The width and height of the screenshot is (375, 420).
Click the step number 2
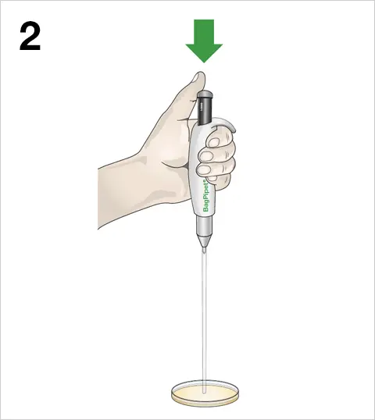click(30, 37)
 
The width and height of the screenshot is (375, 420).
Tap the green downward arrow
click(204, 41)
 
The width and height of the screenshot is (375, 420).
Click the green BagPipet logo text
click(206, 196)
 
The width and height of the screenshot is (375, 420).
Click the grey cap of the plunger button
click(205, 94)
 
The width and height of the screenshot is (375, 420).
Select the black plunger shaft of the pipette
click(205, 111)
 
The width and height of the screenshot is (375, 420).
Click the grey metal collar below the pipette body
click(205, 226)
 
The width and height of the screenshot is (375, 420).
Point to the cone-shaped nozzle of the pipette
click(205, 241)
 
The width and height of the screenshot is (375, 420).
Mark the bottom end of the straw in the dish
click(205, 393)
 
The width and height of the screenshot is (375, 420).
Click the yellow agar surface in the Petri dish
click(205, 393)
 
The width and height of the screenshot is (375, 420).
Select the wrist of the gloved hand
click(118, 195)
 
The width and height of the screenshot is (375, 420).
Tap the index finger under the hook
click(221, 138)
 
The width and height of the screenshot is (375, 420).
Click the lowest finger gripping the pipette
click(220, 180)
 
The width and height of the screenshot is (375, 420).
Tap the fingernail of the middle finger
click(205, 155)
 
